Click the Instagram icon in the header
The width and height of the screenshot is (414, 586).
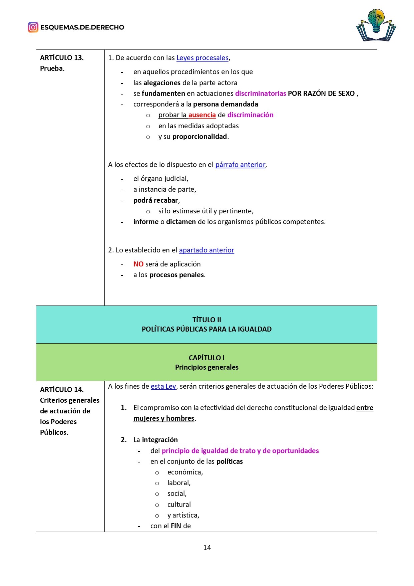(x=33, y=27)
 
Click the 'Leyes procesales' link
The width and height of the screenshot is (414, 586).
(x=202, y=58)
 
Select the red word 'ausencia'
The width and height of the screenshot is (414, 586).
(x=202, y=115)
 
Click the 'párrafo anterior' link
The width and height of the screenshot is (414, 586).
(x=240, y=165)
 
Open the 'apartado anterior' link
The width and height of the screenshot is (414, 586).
(x=206, y=250)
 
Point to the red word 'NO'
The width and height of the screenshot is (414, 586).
(x=138, y=264)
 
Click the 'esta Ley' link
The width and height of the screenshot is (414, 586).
(x=163, y=386)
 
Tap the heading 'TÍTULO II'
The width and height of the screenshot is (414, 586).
(x=206, y=320)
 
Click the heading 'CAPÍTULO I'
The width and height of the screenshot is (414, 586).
(x=206, y=358)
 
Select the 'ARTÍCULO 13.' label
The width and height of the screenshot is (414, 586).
(x=62, y=58)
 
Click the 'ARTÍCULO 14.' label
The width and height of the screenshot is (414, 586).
(x=62, y=390)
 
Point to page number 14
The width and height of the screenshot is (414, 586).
(x=207, y=547)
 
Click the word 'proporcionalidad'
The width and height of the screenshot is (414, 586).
(x=199, y=137)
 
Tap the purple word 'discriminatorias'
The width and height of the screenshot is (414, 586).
(x=261, y=93)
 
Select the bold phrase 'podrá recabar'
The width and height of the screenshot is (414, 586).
(x=156, y=200)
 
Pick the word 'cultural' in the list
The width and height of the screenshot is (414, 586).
(x=179, y=505)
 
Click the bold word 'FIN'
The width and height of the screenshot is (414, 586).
(x=176, y=526)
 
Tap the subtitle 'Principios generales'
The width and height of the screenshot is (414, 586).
(x=206, y=367)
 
